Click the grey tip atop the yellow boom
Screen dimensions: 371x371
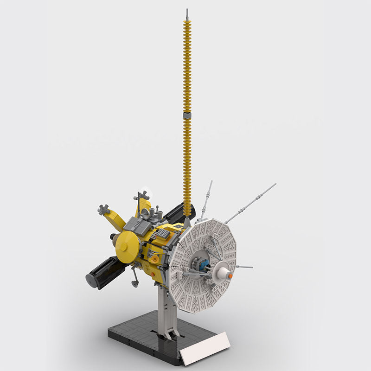click(187, 14)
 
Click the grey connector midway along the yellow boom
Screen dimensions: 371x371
click(187, 114)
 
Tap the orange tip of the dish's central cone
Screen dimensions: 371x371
click(229, 276)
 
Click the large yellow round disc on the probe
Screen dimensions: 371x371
click(127, 246)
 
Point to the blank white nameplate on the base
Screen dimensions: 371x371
click(205, 348)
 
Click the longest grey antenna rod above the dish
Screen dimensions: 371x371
click(250, 203)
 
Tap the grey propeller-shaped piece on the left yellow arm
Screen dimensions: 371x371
click(103, 210)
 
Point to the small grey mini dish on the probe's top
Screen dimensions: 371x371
click(145, 212)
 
